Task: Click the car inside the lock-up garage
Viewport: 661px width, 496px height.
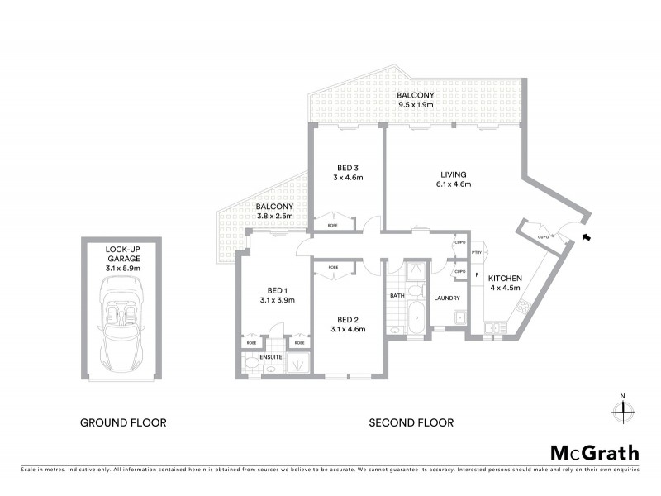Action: pyautogui.click(x=122, y=324)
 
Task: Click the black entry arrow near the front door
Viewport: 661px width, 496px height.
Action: pyautogui.click(x=587, y=238)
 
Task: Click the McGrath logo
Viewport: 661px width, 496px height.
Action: pyautogui.click(x=594, y=452)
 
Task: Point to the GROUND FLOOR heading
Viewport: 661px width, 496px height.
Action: pyautogui.click(x=123, y=422)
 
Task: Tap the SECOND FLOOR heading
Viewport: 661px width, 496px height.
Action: pyautogui.click(x=411, y=422)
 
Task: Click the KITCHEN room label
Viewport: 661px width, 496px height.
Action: pyautogui.click(x=504, y=279)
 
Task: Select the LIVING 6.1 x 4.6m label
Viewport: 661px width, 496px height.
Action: pyautogui.click(x=454, y=179)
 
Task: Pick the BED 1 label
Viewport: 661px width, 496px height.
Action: pyautogui.click(x=276, y=290)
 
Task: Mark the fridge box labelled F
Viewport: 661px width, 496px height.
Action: pyautogui.click(x=477, y=274)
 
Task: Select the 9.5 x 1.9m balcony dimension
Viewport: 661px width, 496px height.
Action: pyautogui.click(x=416, y=105)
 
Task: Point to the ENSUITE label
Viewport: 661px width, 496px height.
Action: pyautogui.click(x=270, y=357)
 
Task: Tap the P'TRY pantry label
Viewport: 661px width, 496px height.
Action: pyautogui.click(x=477, y=253)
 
